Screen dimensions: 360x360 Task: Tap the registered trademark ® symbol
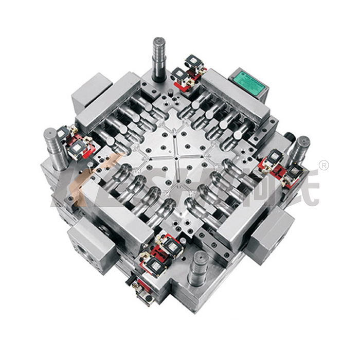click(x=324, y=166)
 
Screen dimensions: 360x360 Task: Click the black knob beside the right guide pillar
click(x=289, y=139)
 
